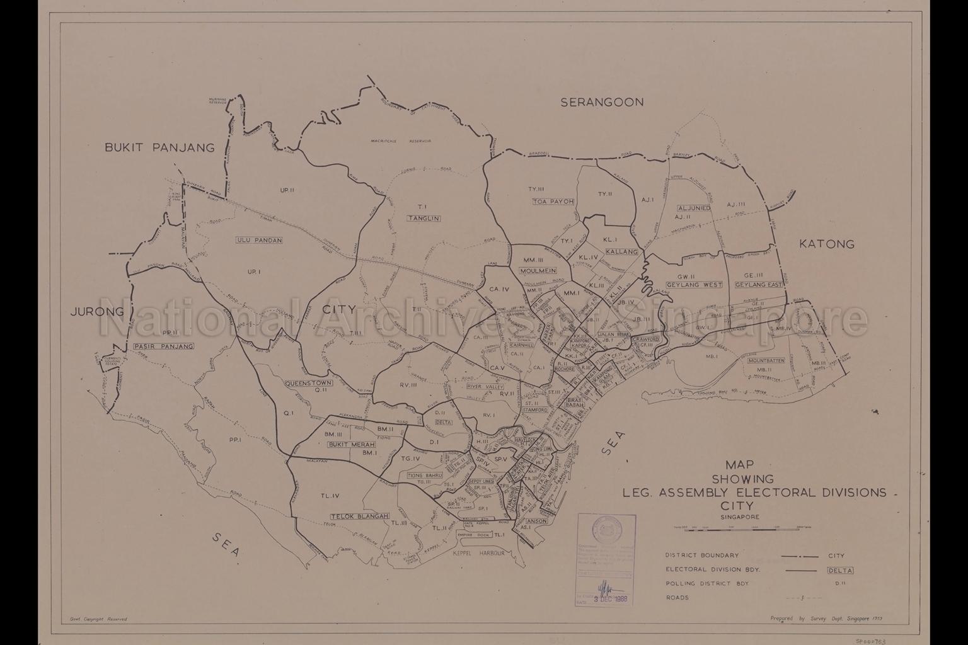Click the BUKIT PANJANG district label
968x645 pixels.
(x=159, y=148)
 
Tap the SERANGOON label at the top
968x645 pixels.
(x=602, y=102)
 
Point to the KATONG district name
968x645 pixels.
(x=826, y=244)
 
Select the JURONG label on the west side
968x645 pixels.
(x=97, y=312)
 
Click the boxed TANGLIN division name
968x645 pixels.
(x=423, y=219)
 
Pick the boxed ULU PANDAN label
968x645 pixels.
(x=259, y=240)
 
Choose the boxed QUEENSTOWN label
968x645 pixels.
(x=308, y=382)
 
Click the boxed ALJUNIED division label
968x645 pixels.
(x=694, y=208)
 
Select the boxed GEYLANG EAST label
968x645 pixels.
(x=759, y=285)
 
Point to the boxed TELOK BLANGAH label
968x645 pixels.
(x=359, y=517)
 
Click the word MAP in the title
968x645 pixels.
(x=740, y=465)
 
